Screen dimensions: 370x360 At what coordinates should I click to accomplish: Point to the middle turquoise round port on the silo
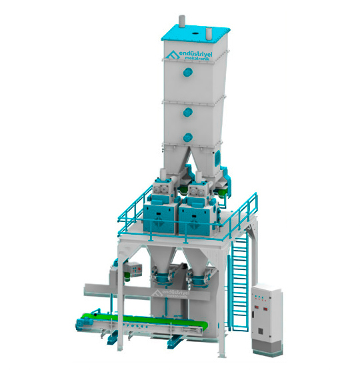click(x=187, y=113)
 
